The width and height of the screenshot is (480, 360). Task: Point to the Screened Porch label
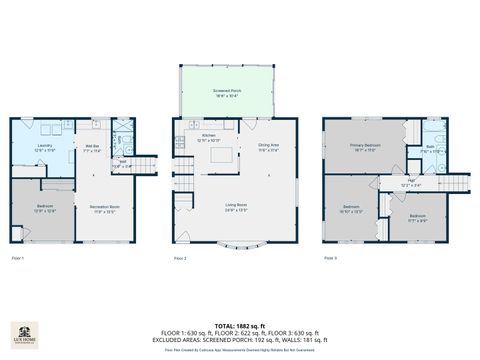225,92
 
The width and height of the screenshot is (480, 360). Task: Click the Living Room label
236,207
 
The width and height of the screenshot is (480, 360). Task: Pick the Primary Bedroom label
363,147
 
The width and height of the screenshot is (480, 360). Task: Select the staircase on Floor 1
146,167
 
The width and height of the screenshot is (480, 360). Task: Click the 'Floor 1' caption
17,259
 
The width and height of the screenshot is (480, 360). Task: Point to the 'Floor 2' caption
180,259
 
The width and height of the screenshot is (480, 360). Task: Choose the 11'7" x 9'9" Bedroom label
418,218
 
